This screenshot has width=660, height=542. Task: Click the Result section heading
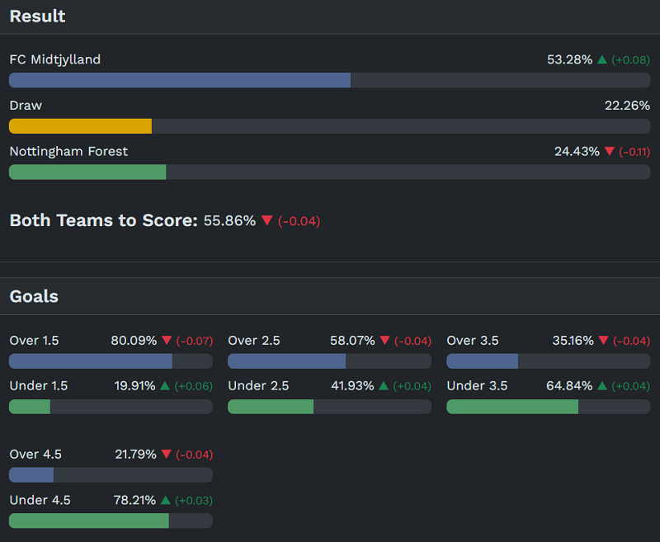[37, 16]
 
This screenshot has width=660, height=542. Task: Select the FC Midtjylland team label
[54, 59]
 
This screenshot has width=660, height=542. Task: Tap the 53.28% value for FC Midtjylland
[569, 59]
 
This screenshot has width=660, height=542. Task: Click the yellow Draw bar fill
[80, 126]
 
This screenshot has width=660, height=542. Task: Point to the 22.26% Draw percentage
[627, 106]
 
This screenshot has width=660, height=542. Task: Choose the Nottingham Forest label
[68, 152]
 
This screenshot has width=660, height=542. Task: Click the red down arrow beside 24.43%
[610, 152]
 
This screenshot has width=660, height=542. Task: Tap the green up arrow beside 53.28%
[602, 59]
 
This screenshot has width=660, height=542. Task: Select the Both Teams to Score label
[103, 220]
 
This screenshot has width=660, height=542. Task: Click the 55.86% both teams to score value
[229, 221]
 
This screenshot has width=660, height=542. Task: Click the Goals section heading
[34, 296]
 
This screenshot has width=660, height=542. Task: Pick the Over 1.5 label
[34, 341]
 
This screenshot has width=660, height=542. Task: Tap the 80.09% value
[134, 341]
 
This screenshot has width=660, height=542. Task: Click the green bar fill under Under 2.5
[271, 407]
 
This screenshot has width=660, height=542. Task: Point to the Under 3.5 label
[477, 386]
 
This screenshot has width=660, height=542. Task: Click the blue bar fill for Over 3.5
[482, 361]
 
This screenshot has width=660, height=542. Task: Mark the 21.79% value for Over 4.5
[135, 455]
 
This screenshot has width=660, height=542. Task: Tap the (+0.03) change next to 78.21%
[193, 501]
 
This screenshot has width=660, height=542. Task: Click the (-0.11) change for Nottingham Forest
[634, 152]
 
